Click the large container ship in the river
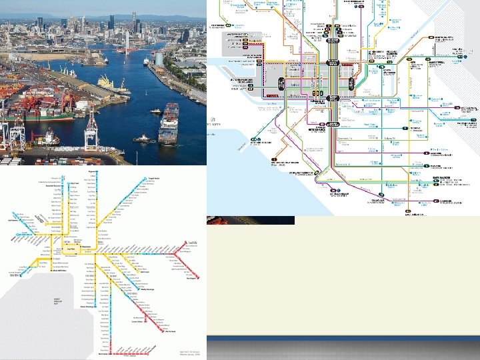click(x=169, y=124)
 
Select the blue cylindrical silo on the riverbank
click(x=159, y=59)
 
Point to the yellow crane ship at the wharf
click(x=110, y=83)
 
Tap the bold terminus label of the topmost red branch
click(x=194, y=243)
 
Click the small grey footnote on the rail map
click(x=189, y=353)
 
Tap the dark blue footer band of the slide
click(x=343, y=349)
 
